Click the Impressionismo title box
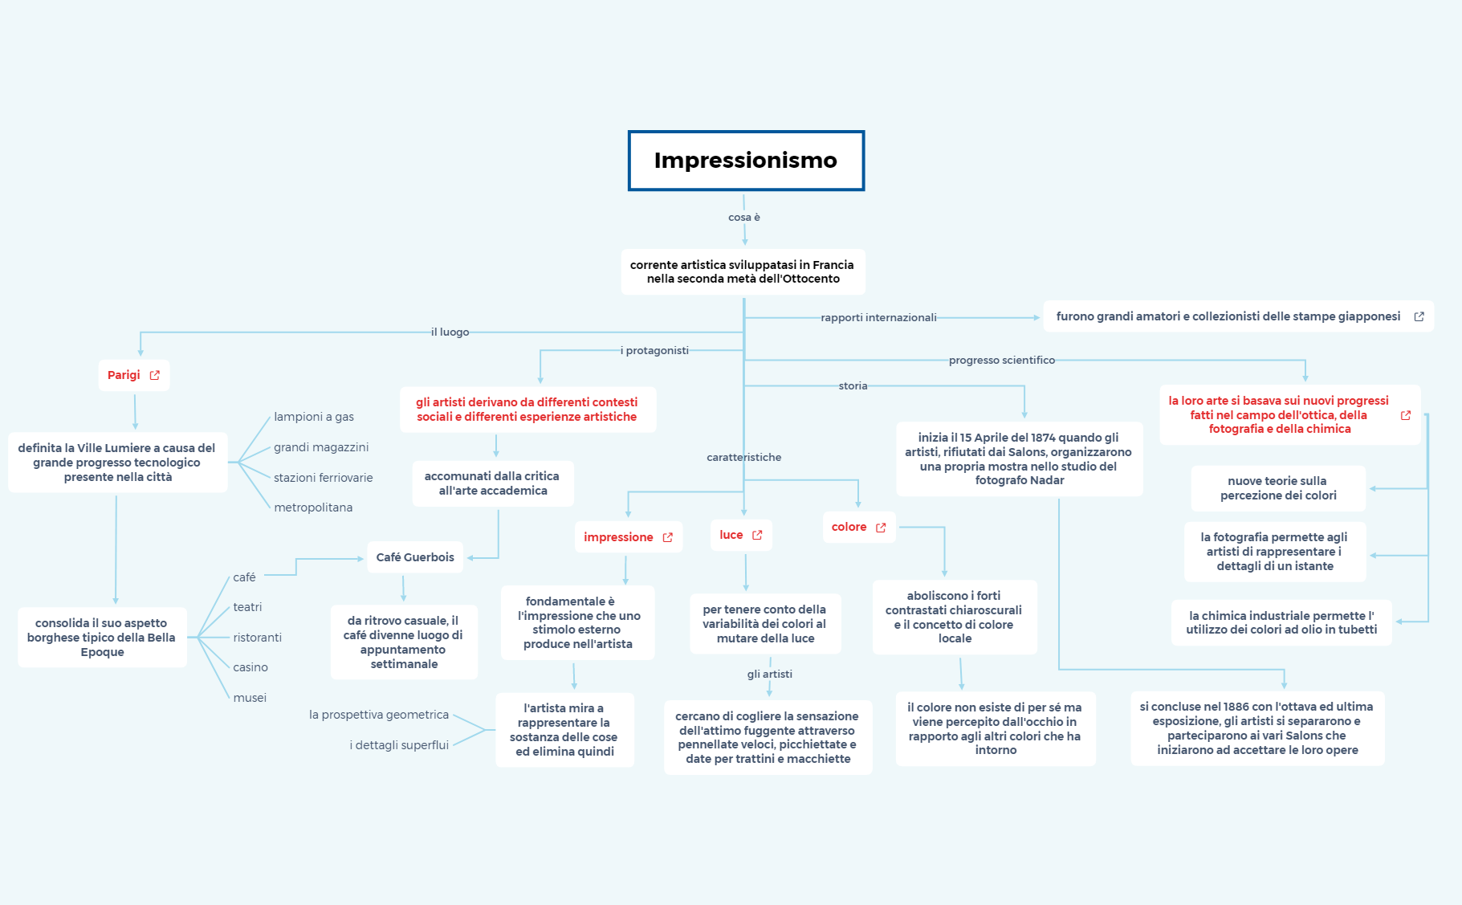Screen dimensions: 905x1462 [745, 161]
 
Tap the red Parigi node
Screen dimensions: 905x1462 [124, 375]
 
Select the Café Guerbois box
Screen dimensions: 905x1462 [415, 557]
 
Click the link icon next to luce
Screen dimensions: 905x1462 [757, 535]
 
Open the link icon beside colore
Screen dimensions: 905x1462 [881, 528]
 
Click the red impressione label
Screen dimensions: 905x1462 [618, 537]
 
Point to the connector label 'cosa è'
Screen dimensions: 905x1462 [743, 218]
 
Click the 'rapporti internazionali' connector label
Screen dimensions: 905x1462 [878, 318]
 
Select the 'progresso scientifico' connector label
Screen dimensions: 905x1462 [1001, 361]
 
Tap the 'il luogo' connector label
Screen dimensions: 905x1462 [450, 332]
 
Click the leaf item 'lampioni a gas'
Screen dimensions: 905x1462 [314, 417]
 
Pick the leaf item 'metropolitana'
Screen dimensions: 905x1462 [313, 508]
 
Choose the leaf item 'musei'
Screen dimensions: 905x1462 [250, 698]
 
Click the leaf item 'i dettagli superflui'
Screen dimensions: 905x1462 [399, 745]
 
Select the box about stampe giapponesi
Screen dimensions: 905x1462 [1228, 316]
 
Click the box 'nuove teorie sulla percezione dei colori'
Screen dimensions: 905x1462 [1277, 488]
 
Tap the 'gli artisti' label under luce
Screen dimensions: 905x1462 [769, 675]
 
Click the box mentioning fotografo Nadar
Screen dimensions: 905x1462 [1019, 459]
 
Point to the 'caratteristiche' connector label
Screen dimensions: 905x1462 [743, 458]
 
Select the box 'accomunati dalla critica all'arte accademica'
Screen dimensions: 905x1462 [492, 483]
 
